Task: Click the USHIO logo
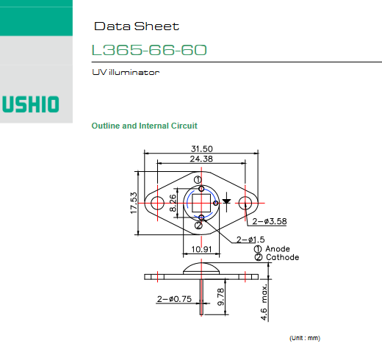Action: (x=31, y=104)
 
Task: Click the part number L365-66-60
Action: (x=149, y=50)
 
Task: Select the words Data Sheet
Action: (x=137, y=26)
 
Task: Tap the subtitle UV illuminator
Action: (x=126, y=72)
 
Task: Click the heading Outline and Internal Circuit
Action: (x=144, y=126)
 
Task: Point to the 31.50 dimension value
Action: (x=202, y=148)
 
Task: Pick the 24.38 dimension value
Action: (x=201, y=159)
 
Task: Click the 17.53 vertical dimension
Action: (x=134, y=203)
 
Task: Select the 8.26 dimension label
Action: (x=173, y=203)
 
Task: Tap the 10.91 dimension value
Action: (x=201, y=249)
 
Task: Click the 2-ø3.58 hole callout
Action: (x=270, y=221)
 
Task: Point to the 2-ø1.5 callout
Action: (x=251, y=240)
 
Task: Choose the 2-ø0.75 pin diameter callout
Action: (x=174, y=299)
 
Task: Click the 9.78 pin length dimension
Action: (x=220, y=297)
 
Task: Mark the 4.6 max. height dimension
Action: (x=264, y=302)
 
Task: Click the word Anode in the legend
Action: (x=278, y=249)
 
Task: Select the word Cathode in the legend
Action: (x=283, y=257)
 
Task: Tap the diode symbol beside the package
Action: (x=226, y=202)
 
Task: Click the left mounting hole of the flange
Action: (x=157, y=203)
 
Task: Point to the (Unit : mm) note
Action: (x=305, y=338)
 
